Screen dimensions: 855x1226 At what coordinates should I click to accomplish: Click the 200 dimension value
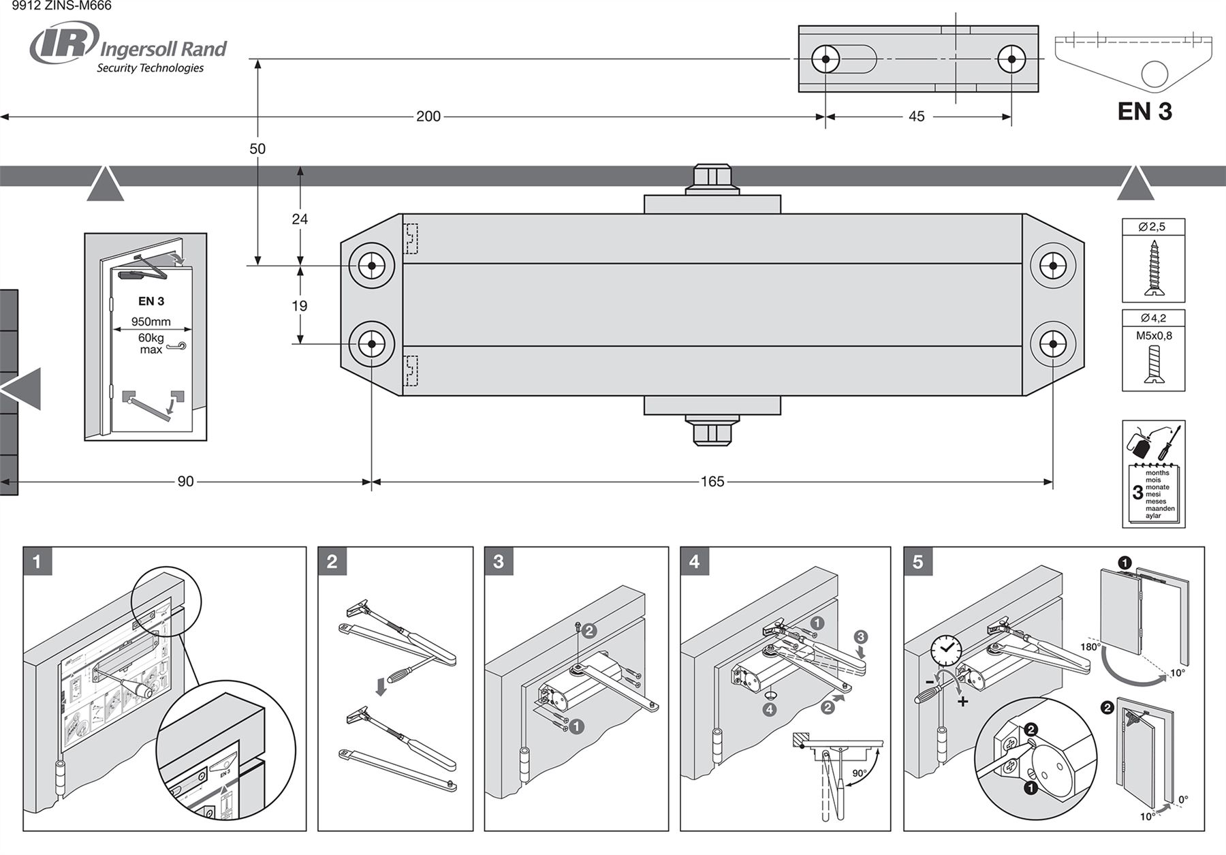coord(428,116)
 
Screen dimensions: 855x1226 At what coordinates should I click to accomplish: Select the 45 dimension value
coord(917,116)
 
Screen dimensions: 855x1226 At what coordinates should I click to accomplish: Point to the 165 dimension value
coord(712,482)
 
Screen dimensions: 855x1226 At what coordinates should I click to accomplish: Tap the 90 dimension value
coord(185,482)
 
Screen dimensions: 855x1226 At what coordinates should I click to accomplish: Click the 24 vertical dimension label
coord(300,219)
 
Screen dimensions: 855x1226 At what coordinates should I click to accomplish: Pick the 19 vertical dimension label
coord(300,306)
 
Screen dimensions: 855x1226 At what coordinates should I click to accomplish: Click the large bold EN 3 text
coord(1144,111)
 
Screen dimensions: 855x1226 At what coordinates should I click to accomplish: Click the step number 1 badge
coord(37,562)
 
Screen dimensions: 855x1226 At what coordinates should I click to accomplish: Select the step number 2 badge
coord(332,562)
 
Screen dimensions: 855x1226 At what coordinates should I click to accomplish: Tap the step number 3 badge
coord(499,562)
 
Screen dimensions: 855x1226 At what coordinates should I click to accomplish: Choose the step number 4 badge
coord(695,562)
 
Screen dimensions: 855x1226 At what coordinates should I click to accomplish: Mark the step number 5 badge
coord(918,562)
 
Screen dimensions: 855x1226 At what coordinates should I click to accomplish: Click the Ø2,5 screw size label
coord(1152,227)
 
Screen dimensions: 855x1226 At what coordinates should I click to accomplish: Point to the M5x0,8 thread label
coord(1154,335)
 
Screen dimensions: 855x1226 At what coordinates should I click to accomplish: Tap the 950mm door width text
coord(151,322)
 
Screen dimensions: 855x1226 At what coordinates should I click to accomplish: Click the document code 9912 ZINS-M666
coord(61,6)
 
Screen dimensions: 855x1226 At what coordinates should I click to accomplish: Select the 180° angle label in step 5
coord(1090,647)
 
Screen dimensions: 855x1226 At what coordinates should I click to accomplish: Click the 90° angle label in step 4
coord(860,774)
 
